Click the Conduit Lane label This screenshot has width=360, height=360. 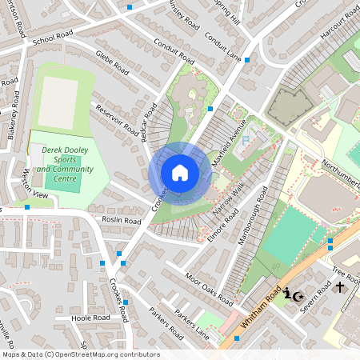(x=222, y=47)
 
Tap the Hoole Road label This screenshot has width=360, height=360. (x=90, y=318)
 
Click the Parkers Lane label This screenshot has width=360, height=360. (x=192, y=322)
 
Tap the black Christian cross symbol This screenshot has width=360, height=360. (x=339, y=286)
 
